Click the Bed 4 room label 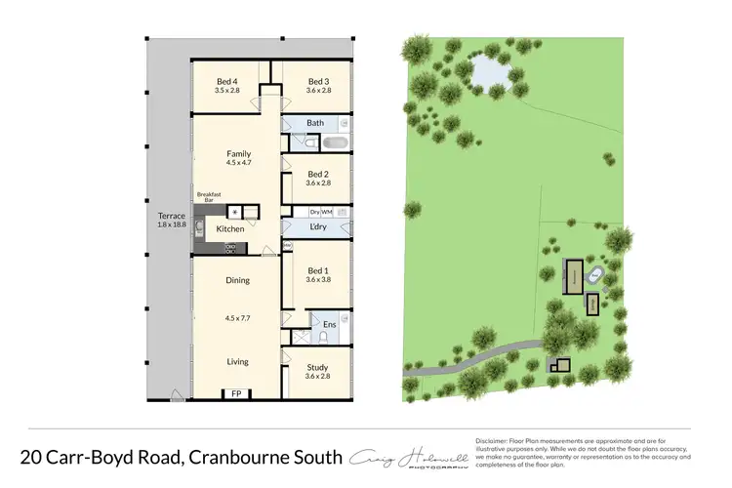(x=226, y=80)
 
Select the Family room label (x=238, y=154)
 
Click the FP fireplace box (x=234, y=394)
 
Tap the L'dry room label (x=317, y=228)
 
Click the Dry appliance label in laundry (x=315, y=212)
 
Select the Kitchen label (x=230, y=229)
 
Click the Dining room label (x=238, y=280)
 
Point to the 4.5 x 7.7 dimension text (x=238, y=317)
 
